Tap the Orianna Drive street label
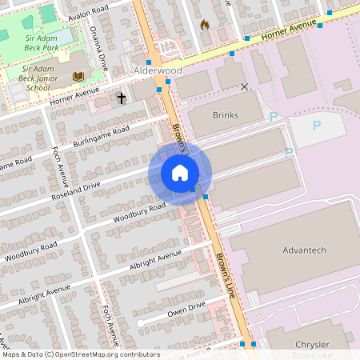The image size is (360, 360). pyautogui.click(x=100, y=46)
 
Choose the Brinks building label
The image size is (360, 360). pyautogui.click(x=226, y=115)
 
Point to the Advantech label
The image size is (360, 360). pyautogui.click(x=304, y=250)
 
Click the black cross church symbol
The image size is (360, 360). pyautogui.click(x=122, y=98)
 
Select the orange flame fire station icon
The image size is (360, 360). pyautogui.click(x=204, y=26)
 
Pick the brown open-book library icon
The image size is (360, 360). pyautogui.click(x=78, y=77)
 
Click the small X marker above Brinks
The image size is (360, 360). pyautogui.click(x=244, y=86)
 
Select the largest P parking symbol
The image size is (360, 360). pyautogui.click(x=316, y=126)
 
